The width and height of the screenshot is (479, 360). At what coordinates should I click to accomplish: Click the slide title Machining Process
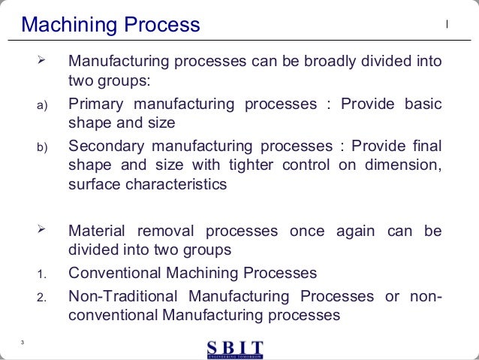[x=111, y=26]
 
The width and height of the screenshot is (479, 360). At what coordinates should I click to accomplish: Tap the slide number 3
[x=23, y=343]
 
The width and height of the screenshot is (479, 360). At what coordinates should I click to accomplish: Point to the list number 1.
[x=42, y=274]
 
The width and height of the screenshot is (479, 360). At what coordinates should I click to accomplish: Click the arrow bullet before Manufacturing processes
[x=42, y=59]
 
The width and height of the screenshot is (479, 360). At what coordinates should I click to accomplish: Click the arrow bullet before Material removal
[x=42, y=229]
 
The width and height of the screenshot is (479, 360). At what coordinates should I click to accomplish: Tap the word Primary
[x=95, y=104]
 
